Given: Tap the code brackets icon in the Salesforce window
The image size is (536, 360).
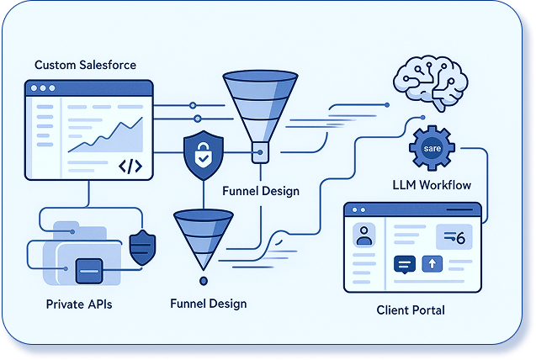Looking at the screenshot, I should tap(130, 166).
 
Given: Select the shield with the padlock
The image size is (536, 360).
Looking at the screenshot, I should tap(202, 156).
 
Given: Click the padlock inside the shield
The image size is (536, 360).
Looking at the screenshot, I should tap(202, 156).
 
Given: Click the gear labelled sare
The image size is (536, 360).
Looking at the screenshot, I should tap(432, 149).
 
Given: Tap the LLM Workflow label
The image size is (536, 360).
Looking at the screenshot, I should tap(432, 184).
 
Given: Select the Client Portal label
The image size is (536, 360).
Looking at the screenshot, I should tap(411, 310).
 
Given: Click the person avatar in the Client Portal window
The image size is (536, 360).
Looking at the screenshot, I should tap(364, 235).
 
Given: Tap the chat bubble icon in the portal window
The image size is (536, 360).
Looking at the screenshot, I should tap(405, 264).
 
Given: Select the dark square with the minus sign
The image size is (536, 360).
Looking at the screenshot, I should tap(88, 270).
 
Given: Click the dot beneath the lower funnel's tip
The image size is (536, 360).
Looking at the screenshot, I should tap(202, 280).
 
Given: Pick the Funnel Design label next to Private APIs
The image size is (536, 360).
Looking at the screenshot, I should tap(207, 303).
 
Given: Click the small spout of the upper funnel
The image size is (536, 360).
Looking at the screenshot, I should tap(258, 152).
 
